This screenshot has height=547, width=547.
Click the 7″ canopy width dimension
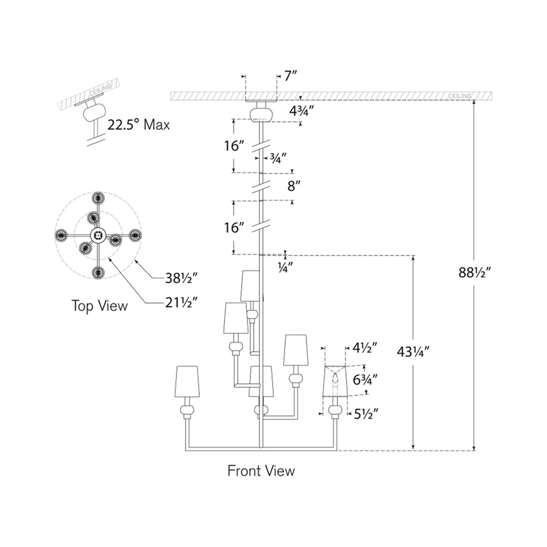(x=290, y=76)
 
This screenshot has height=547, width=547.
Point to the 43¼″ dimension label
(x=413, y=351)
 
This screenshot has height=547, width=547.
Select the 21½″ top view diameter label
(x=181, y=302)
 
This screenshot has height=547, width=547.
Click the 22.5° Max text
(x=139, y=124)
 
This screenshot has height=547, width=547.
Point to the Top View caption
(x=99, y=305)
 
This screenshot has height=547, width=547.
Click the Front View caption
(x=261, y=470)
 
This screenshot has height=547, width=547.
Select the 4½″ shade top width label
(x=365, y=348)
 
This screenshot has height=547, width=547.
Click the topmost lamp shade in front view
(x=250, y=285)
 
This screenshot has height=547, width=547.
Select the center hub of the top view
(x=97, y=235)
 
